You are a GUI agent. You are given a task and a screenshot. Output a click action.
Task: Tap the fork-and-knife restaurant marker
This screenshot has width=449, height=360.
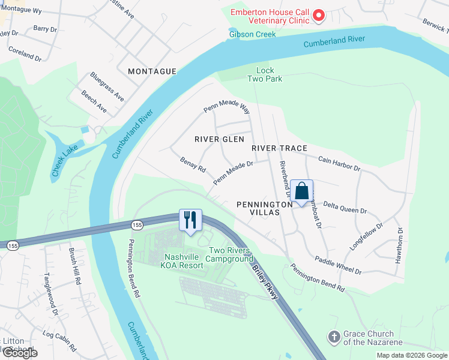point(190,220)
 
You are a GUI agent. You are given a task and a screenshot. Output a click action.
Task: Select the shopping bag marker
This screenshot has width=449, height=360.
point(302,191)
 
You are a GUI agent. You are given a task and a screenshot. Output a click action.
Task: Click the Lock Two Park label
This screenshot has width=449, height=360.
point(265,74)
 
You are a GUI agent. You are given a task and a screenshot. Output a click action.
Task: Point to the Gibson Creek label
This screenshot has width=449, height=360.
point(252,34)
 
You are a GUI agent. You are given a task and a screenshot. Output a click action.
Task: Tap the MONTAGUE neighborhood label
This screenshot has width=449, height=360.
point(152,71)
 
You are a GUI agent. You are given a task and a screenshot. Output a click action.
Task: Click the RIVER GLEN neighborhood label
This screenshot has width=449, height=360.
point(220,139)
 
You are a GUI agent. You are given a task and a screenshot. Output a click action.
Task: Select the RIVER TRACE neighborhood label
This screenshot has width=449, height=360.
point(279,148)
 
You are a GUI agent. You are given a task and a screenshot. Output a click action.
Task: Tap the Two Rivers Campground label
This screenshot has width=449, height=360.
point(229,254)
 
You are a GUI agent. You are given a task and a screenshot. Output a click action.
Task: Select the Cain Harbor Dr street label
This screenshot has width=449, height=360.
point(339,164)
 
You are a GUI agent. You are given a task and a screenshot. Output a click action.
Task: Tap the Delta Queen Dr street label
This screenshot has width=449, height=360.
point(345,208)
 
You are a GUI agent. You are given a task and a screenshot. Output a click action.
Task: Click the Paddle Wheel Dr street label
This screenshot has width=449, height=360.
point(339,265)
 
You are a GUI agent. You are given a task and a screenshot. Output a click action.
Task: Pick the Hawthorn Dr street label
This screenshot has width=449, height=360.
point(399,245)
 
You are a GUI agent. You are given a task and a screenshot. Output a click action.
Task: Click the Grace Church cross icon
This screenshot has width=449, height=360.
point(334,338)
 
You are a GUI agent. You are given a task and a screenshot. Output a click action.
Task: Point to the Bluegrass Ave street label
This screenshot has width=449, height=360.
point(107,86)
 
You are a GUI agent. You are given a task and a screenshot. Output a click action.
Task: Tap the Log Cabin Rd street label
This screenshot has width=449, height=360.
point(59,340)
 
